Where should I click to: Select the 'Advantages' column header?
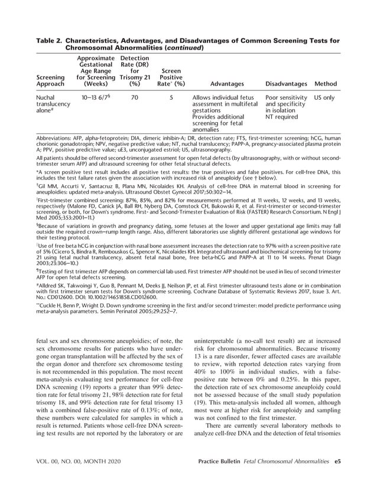click(218, 84)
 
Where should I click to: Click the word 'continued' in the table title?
click(184, 47)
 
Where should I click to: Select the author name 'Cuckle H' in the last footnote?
click(53, 305)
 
